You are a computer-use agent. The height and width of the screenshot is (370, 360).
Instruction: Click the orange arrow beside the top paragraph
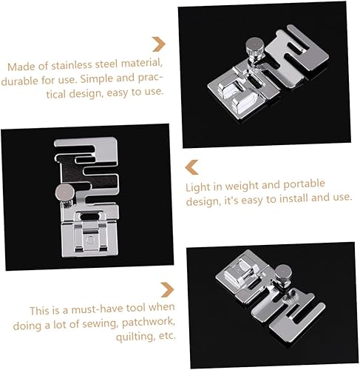pyautogui.click(x=157, y=44)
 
